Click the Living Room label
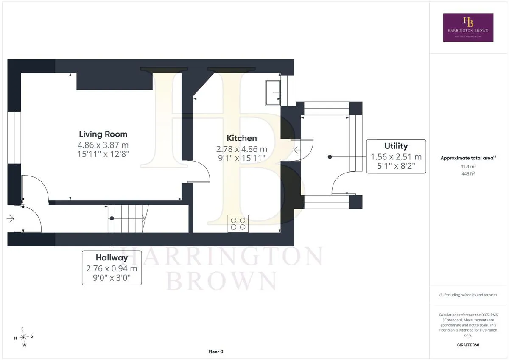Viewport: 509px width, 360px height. (103, 134)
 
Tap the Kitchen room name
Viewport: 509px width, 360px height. (242, 138)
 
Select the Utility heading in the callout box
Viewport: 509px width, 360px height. (396, 146)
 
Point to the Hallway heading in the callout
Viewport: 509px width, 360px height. (112, 257)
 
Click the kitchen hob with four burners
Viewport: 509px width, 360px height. (238, 224)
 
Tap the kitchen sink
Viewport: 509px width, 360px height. (273, 93)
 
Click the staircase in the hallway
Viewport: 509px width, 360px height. (128, 219)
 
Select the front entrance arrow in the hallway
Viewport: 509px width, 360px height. (11, 219)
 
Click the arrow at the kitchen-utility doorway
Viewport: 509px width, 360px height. (297, 150)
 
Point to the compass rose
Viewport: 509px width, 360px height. (24, 337)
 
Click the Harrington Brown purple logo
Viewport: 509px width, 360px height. (468, 28)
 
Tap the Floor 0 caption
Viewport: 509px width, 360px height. (215, 352)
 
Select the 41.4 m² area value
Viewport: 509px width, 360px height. (468, 167)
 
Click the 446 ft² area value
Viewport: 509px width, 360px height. (468, 174)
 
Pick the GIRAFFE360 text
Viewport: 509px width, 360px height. (468, 345)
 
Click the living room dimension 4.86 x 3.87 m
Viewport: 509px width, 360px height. (103, 145)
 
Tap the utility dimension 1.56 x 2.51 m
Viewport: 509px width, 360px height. (396, 157)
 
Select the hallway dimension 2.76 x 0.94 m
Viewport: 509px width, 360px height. (112, 268)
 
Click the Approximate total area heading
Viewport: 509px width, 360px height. (468, 158)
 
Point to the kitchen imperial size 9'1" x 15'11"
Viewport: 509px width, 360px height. (242, 158)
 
